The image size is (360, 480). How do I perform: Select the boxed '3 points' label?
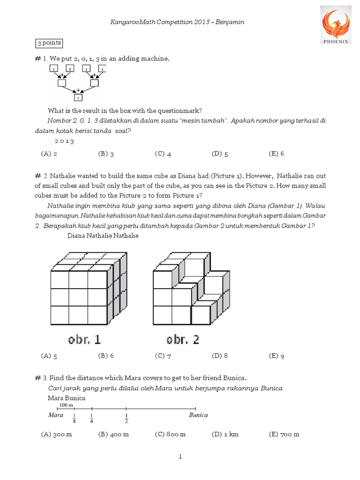pyautogui.click(x=49, y=43)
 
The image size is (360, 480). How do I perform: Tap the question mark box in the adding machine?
pyautogui.click(x=78, y=97)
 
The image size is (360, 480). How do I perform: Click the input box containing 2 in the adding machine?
pyautogui.click(x=54, y=69)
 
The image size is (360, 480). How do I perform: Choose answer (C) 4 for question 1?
pyautogui.click(x=163, y=153)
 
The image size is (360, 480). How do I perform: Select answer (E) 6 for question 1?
pyautogui.click(x=277, y=153)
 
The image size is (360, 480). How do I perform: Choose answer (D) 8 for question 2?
pyautogui.click(x=220, y=356)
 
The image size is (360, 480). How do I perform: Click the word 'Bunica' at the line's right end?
pyautogui.click(x=198, y=415)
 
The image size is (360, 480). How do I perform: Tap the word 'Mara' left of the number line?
pyautogui.click(x=56, y=415)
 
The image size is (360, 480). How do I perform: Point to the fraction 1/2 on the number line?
pyautogui.click(x=127, y=418)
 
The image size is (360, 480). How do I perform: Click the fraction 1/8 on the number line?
pyautogui.click(x=74, y=418)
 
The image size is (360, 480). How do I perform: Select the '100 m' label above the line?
pyautogui.click(x=66, y=405)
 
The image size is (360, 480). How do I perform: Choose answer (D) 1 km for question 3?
pyautogui.click(x=225, y=434)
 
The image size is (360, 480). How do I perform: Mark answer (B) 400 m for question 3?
pyautogui.click(x=113, y=434)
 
